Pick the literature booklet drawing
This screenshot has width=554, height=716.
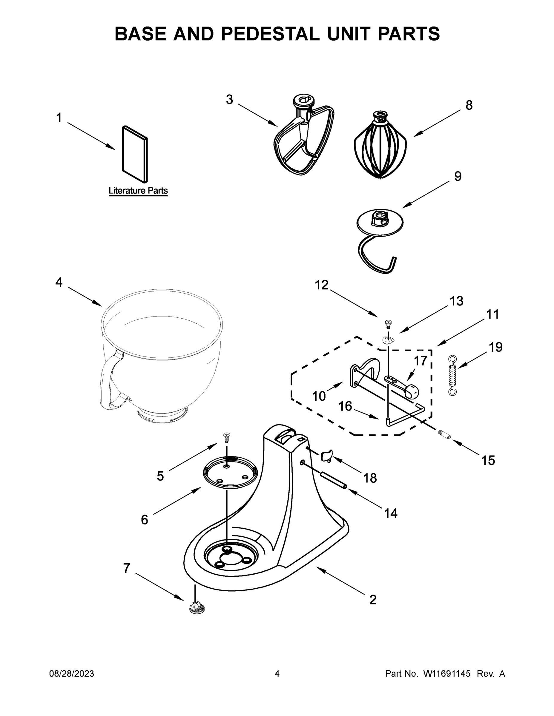pos(135,153)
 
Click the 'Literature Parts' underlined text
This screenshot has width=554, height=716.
pos(138,190)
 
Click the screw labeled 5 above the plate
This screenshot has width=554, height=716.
pos(226,437)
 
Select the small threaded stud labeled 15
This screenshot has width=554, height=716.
pos(445,435)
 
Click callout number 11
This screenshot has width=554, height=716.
pos(492,314)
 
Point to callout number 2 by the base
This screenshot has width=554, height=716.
pos(373,599)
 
